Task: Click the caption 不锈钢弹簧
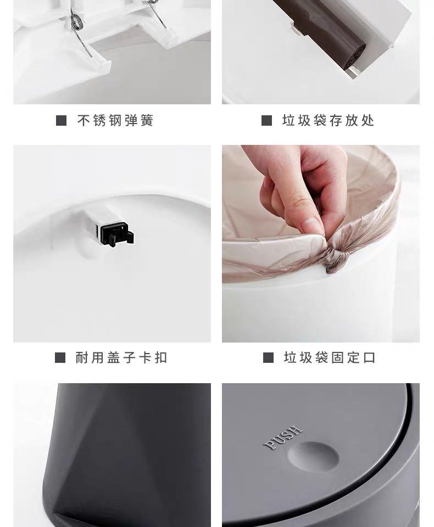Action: pos(115,121)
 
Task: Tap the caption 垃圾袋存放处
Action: pos(328,121)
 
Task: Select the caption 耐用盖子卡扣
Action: pos(121,358)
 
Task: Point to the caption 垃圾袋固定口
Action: pos(330,358)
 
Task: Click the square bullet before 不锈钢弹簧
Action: pos(61,121)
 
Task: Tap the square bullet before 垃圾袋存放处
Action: pos(266,121)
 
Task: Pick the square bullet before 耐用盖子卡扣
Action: pos(60,358)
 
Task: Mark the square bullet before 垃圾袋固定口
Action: pos(268,358)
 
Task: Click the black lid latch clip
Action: pos(117,234)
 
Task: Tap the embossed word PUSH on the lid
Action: pos(283,438)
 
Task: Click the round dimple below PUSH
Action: pos(314,456)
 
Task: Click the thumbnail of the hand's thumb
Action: pos(312,225)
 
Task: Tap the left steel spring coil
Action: pos(76,22)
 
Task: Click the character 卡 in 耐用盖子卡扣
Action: pos(145,358)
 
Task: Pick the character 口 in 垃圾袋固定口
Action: pos(370,358)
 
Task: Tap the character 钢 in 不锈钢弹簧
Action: pos(115,121)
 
